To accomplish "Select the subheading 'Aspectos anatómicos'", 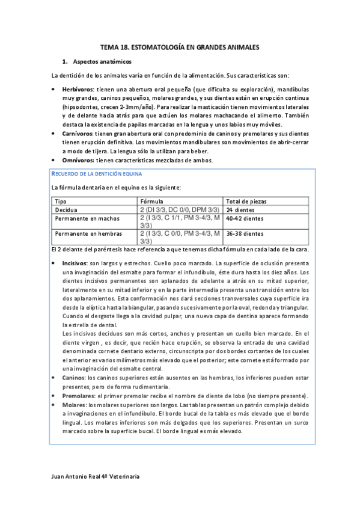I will click(x=98, y=61).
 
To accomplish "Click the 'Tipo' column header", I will click(x=61, y=201).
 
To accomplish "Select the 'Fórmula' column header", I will click(x=151, y=201).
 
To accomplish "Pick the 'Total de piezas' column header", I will click(x=246, y=201).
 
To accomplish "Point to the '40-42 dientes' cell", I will click(x=242, y=218).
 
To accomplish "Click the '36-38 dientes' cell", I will click(x=243, y=233).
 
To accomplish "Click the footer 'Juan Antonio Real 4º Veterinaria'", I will click(x=97, y=476).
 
